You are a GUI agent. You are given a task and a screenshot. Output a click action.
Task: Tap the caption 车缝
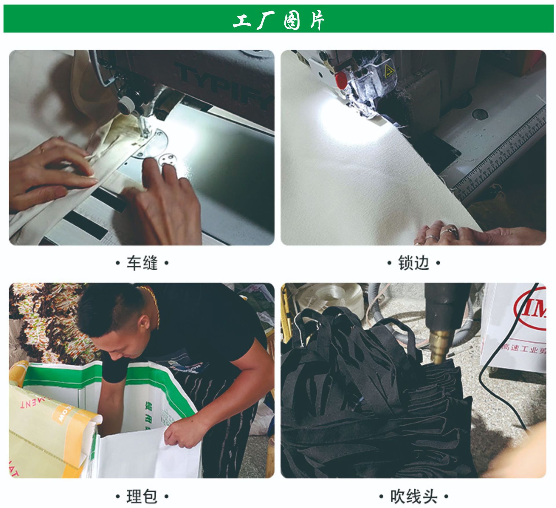click(x=142, y=263)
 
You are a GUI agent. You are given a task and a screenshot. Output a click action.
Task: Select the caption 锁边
click(x=414, y=263)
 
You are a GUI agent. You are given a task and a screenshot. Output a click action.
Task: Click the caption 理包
click(x=142, y=496)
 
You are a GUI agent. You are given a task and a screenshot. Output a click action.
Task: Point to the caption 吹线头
click(x=414, y=496)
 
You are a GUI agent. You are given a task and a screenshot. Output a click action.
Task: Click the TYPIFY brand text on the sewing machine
click(x=223, y=84)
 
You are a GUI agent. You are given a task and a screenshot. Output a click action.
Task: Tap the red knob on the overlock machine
click(x=341, y=79)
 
